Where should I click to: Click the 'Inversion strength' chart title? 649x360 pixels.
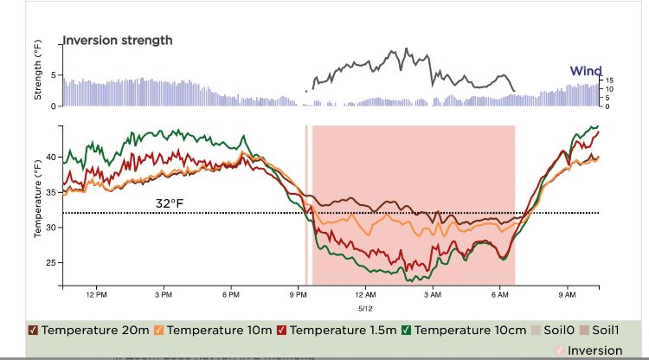[x=118, y=40]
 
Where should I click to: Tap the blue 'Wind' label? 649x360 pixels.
[x=585, y=71]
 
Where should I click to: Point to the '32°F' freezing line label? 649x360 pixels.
[x=170, y=203]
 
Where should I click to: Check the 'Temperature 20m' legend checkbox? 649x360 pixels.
[x=33, y=330]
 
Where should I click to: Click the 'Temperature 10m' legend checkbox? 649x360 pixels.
[x=159, y=330]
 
